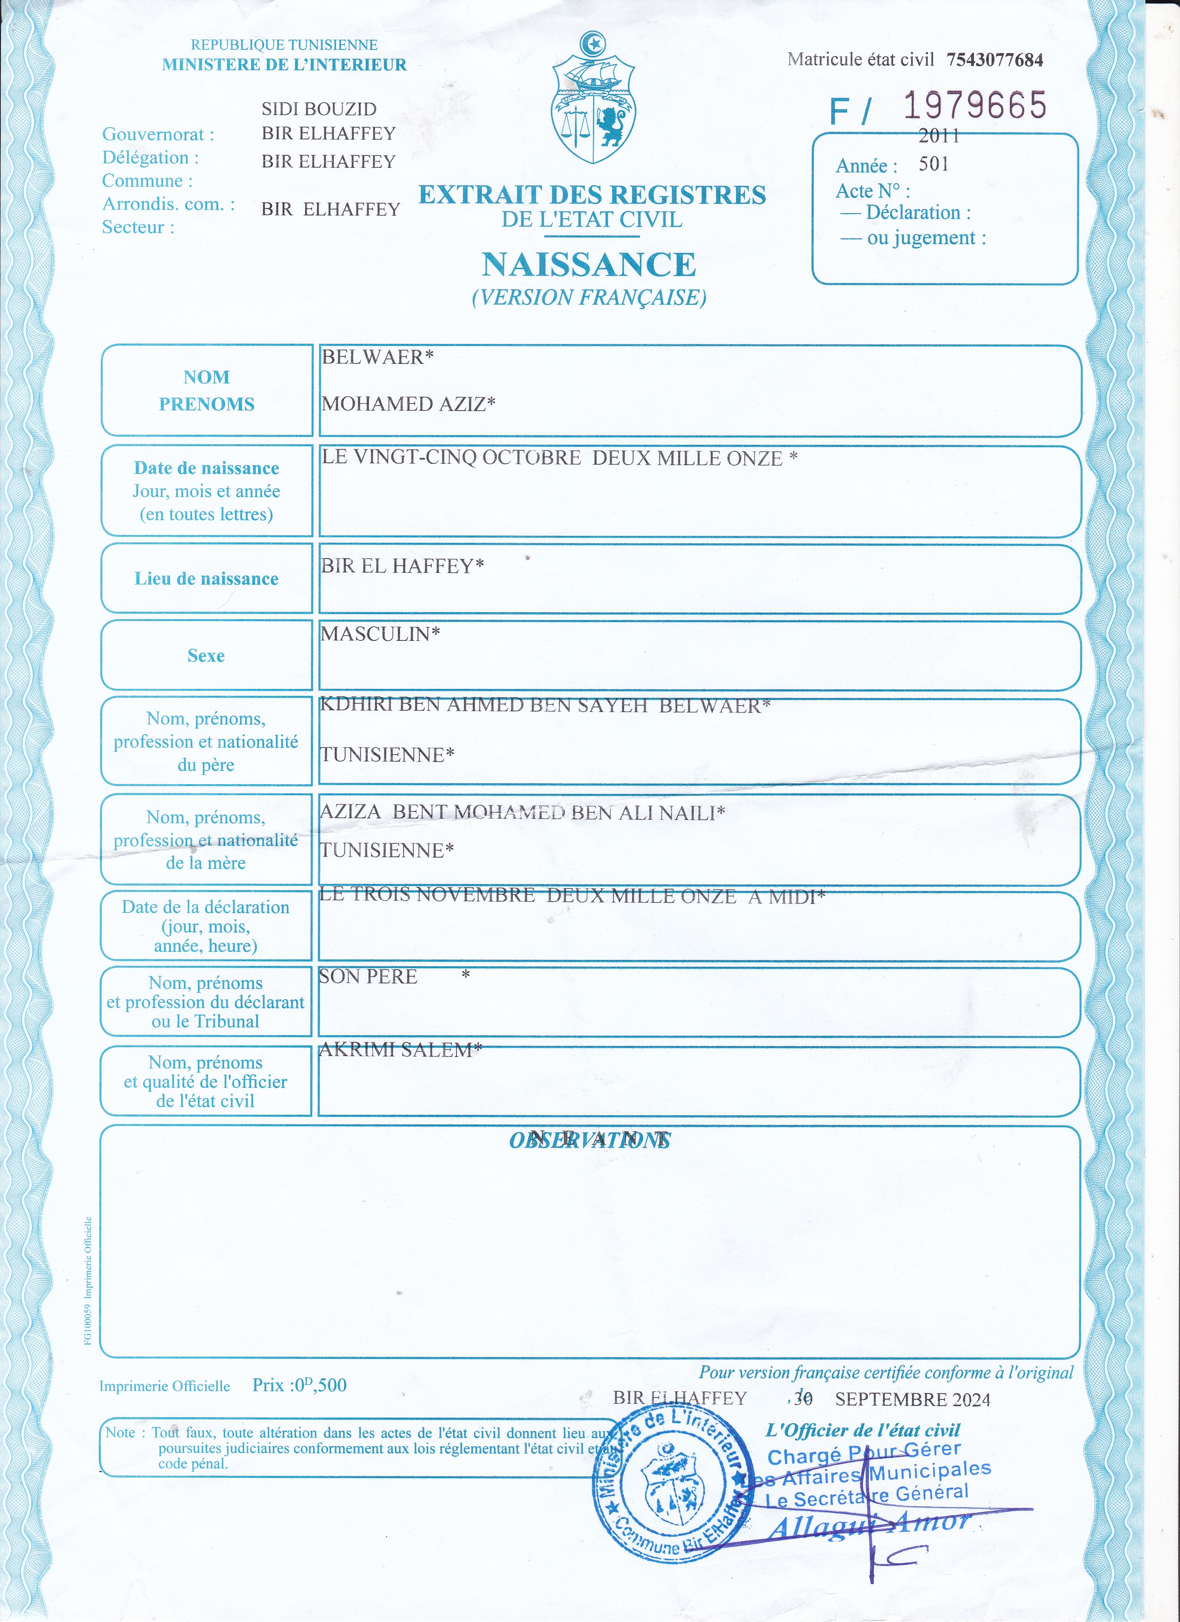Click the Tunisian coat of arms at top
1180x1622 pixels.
click(593, 100)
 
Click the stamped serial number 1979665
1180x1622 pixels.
click(974, 106)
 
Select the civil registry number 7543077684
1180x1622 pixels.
click(995, 60)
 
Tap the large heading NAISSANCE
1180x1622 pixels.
click(589, 264)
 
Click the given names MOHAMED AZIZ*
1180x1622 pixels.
click(408, 404)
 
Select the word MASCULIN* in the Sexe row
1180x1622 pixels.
click(380, 633)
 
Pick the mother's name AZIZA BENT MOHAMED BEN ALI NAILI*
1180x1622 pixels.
click(522, 812)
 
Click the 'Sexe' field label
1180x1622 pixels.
click(206, 656)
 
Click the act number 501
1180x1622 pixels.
click(933, 165)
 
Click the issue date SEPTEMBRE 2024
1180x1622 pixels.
click(913, 1400)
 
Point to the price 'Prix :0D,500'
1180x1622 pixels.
click(299, 1385)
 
